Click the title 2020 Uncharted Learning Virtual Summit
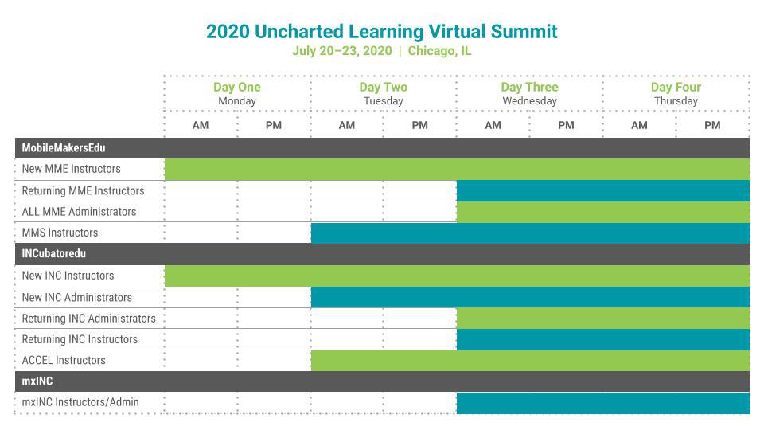pyautogui.click(x=381, y=32)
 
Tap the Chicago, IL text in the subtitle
pyautogui.click(x=439, y=51)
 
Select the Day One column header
pyautogui.click(x=237, y=87)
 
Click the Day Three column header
pyautogui.click(x=530, y=87)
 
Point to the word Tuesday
pyautogui.click(x=384, y=101)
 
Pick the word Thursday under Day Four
pyautogui.click(x=676, y=101)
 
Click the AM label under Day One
pyautogui.click(x=201, y=125)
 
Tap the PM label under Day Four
pyautogui.click(x=712, y=125)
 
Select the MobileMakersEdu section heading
pyautogui.click(x=64, y=148)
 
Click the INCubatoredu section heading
pyautogui.click(x=53, y=253)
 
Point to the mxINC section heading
pyautogui.click(x=37, y=381)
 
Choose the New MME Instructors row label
pyautogui.click(x=71, y=169)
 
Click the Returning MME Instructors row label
pyautogui.click(x=83, y=190)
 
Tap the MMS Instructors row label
pyautogui.click(x=60, y=233)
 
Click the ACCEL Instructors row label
pyautogui.click(x=64, y=360)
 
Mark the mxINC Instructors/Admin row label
pyautogui.click(x=80, y=402)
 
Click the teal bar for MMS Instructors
pyautogui.click(x=530, y=233)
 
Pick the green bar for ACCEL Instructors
pyautogui.click(x=530, y=361)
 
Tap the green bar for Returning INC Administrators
pyautogui.click(x=603, y=319)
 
